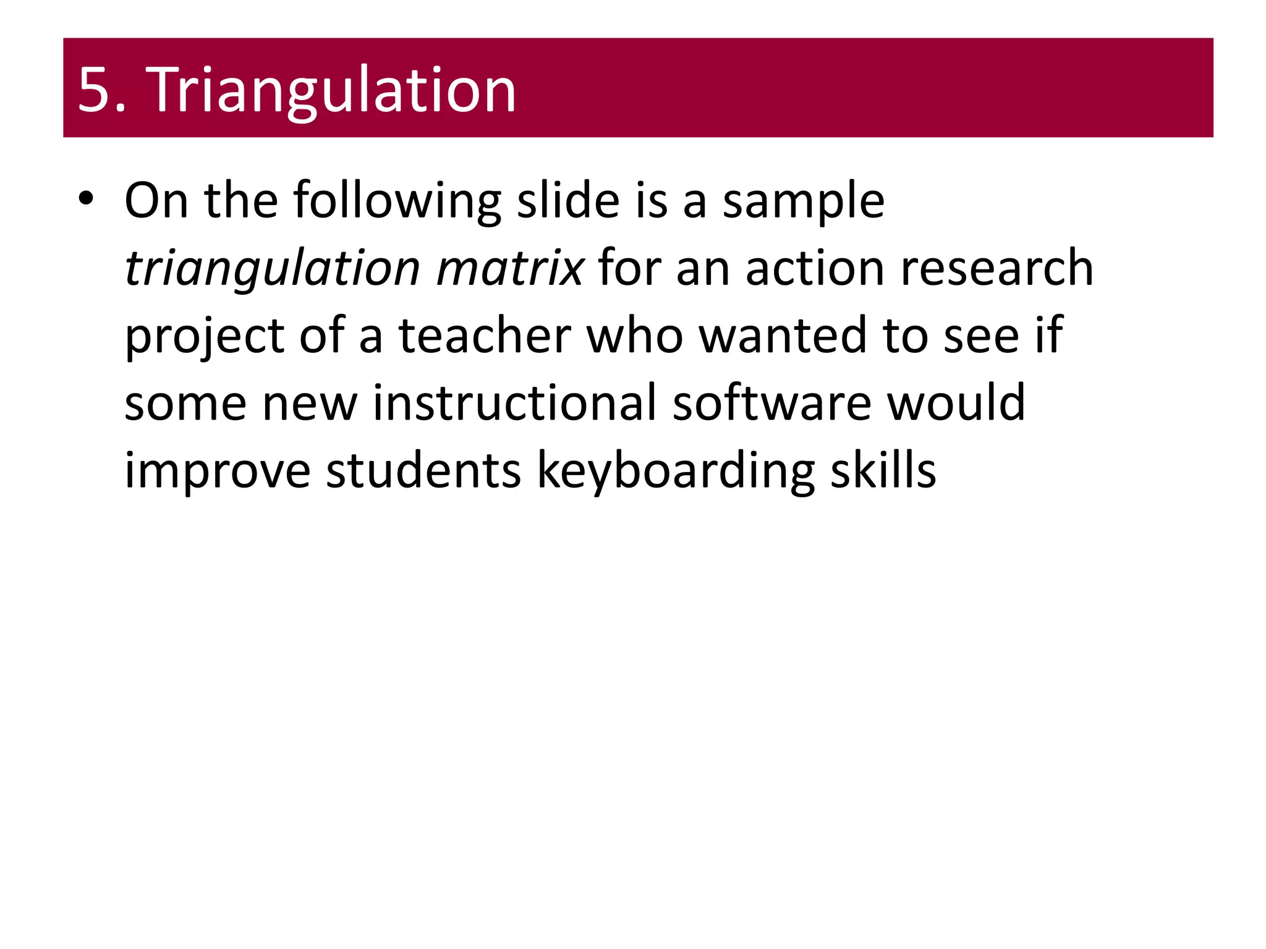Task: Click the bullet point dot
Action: click(86, 199)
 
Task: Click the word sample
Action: click(803, 201)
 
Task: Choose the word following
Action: click(397, 201)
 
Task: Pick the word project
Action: click(204, 337)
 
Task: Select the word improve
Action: click(217, 471)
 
